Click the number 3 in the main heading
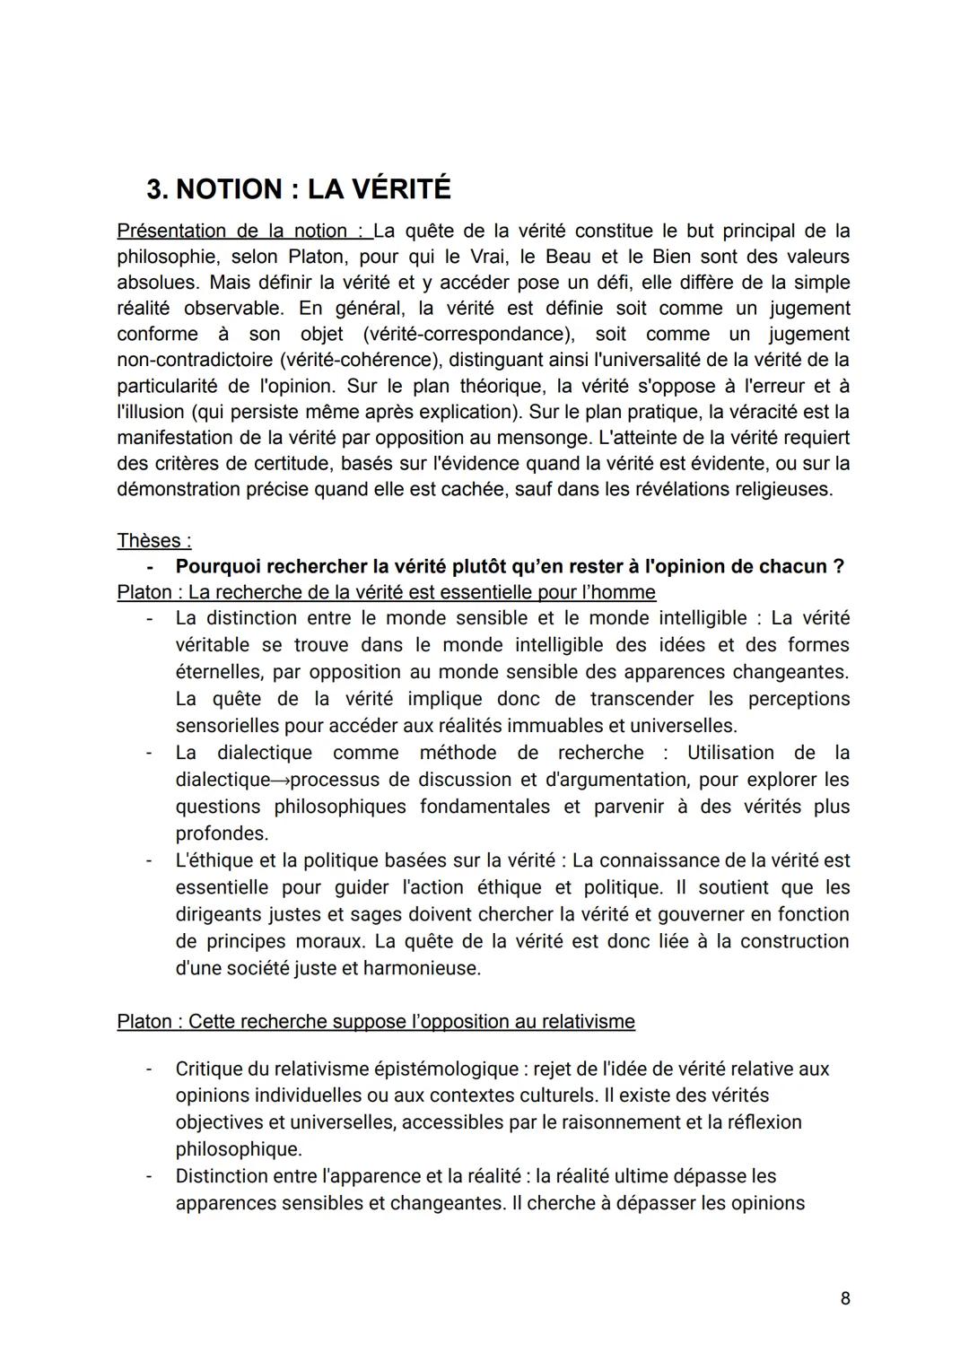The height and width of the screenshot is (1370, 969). [x=155, y=190]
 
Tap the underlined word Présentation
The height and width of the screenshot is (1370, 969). [x=170, y=231]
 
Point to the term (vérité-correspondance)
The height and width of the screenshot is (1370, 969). [x=469, y=334]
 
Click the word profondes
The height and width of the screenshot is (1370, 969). [x=222, y=833]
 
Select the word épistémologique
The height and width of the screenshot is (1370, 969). [x=447, y=1069]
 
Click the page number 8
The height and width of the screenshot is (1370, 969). [x=845, y=1297]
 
